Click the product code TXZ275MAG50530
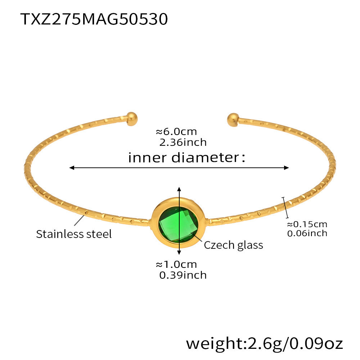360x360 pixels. (x=94, y=19)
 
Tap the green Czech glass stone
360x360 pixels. (x=179, y=224)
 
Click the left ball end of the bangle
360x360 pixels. (x=131, y=119)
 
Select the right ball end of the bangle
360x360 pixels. (x=233, y=120)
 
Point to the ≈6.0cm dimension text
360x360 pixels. (x=176, y=132)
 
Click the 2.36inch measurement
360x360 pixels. (x=183, y=142)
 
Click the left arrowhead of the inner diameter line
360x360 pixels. (x=72, y=168)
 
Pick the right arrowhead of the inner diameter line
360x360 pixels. (x=286, y=168)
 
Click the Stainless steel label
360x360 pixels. (x=74, y=234)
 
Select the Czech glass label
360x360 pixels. (x=233, y=245)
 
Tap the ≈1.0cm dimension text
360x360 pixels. (x=176, y=265)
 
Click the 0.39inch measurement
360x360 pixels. (x=183, y=275)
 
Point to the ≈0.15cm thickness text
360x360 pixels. (x=307, y=224)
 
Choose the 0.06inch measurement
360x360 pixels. (x=307, y=233)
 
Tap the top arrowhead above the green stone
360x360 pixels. (x=179, y=189)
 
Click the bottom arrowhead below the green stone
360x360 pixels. (x=179, y=252)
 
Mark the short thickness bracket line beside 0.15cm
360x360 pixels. (x=285, y=208)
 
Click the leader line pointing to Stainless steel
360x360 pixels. (x=80, y=220)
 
